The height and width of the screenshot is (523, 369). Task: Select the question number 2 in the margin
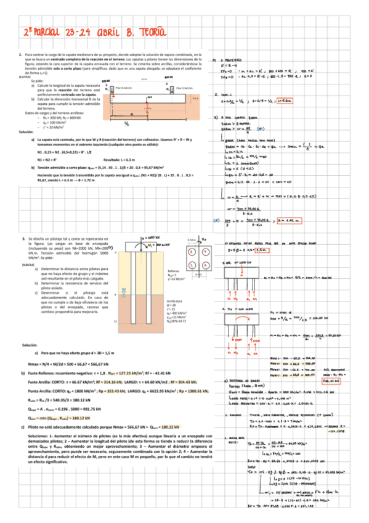point(22,56)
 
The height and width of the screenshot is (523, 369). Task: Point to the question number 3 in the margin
point(22,220)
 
